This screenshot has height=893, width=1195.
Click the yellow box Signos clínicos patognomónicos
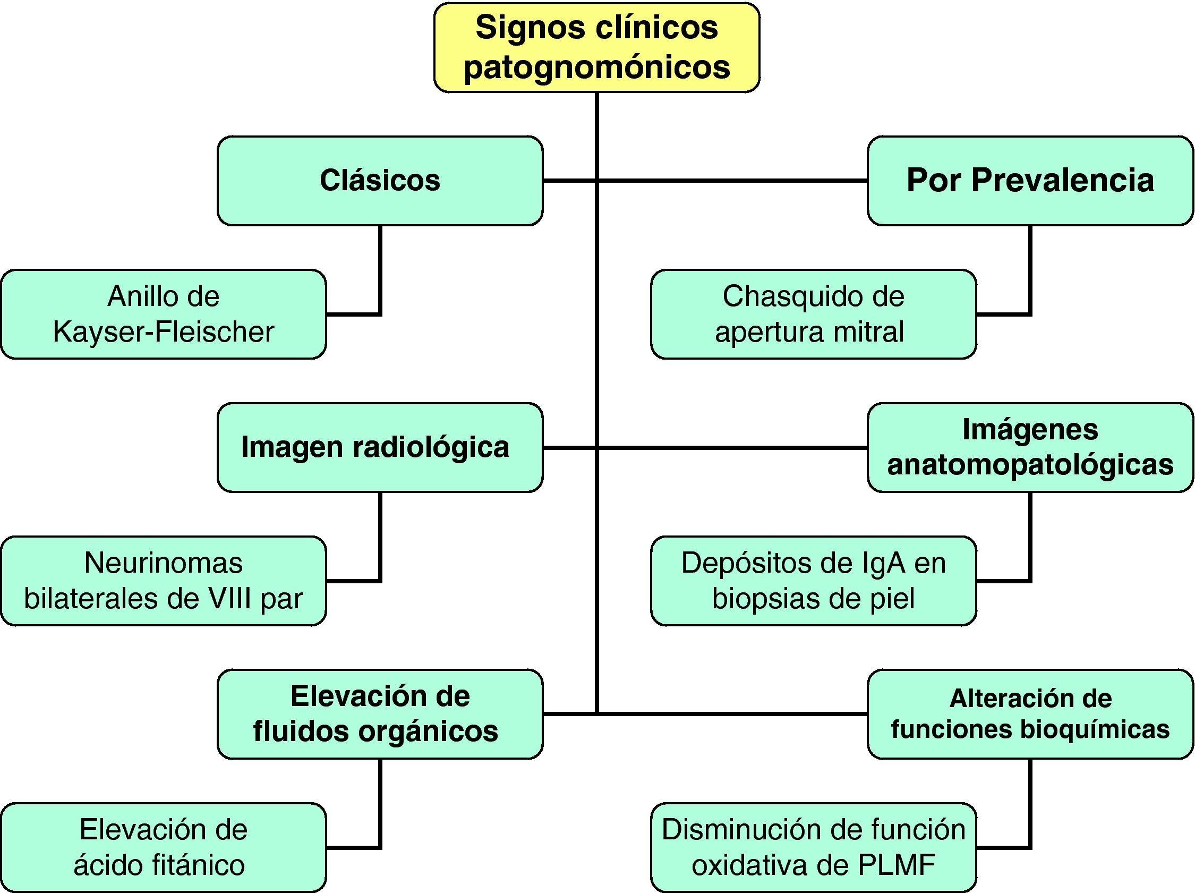click(x=596, y=47)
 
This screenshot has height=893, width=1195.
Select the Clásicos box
click(x=380, y=181)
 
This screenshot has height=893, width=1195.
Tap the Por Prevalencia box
click(x=1030, y=181)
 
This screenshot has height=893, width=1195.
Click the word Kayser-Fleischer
click(x=163, y=331)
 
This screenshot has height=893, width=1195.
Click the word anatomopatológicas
click(x=1030, y=465)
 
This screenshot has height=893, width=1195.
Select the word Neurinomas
click(x=163, y=563)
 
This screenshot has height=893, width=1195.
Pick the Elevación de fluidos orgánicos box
click(x=380, y=714)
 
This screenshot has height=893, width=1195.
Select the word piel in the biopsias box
click(x=892, y=599)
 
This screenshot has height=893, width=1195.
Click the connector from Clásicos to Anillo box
click(x=380, y=270)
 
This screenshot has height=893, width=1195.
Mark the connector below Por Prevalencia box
click(x=1030, y=270)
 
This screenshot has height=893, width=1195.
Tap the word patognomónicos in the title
click(x=596, y=67)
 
